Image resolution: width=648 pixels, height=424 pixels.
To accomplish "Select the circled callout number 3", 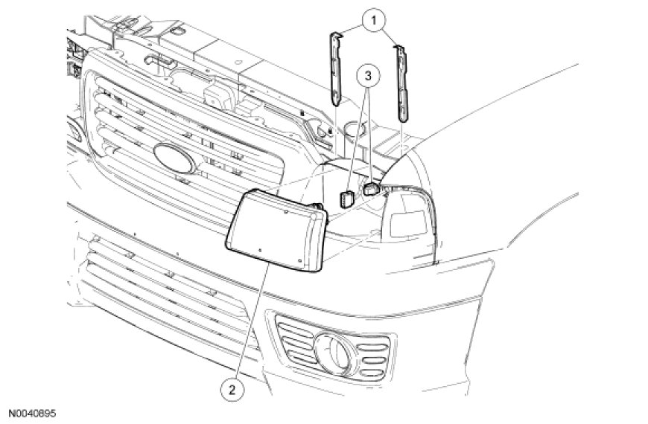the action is [x=365, y=75].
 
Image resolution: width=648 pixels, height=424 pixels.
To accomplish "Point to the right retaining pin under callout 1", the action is [x=402, y=82].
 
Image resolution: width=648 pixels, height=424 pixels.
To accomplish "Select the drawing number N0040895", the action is [x=32, y=412].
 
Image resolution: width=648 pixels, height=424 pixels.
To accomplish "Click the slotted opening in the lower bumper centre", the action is [x=164, y=290].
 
